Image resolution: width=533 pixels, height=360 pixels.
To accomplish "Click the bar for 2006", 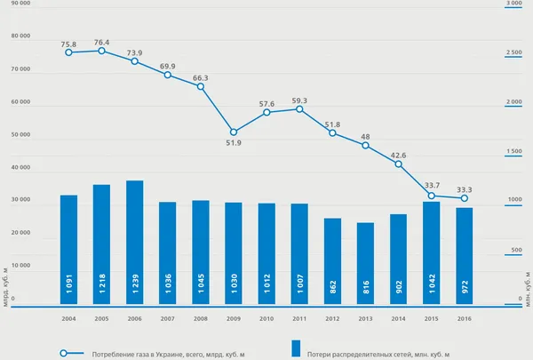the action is pyautogui.click(x=135, y=243).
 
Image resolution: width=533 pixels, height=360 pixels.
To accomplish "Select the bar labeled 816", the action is pyautogui.click(x=365, y=263).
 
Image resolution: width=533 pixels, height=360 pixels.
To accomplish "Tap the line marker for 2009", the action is pyautogui.click(x=234, y=132).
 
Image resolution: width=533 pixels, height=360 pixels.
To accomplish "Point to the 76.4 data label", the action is pyautogui.click(x=101, y=43).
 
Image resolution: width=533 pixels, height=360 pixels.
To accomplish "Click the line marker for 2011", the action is pyautogui.click(x=299, y=109).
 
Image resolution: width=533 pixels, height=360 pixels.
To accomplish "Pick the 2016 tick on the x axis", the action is pyautogui.click(x=465, y=319).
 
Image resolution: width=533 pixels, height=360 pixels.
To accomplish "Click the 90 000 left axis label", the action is pyautogui.click(x=20, y=3).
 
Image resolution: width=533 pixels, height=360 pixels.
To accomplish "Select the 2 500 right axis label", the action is pyautogui.click(x=514, y=52).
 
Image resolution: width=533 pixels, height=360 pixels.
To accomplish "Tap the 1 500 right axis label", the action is pyautogui.click(x=514, y=151).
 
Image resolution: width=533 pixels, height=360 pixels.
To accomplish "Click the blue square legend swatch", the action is pyautogui.click(x=296, y=348).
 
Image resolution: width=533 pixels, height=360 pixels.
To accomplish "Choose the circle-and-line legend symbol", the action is pyautogui.click(x=72, y=353).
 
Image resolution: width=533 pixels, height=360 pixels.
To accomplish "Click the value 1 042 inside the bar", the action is pyautogui.click(x=432, y=284).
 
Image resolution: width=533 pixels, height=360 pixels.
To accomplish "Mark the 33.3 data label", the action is pyautogui.click(x=465, y=190).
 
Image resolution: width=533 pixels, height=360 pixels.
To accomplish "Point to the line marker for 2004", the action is pyautogui.click(x=68, y=52).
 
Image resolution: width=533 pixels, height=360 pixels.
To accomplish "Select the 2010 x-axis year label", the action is pyautogui.click(x=266, y=319).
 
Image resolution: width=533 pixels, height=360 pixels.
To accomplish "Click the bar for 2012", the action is pyautogui.click(x=332, y=261).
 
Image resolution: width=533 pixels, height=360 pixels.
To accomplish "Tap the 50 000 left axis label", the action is pyautogui.click(x=20, y=134).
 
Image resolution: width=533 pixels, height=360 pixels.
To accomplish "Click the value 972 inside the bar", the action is pyautogui.click(x=465, y=286).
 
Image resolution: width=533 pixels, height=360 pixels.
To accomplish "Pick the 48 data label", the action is pyautogui.click(x=365, y=137).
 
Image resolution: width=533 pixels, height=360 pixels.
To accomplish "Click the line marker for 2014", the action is pyautogui.click(x=398, y=164).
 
